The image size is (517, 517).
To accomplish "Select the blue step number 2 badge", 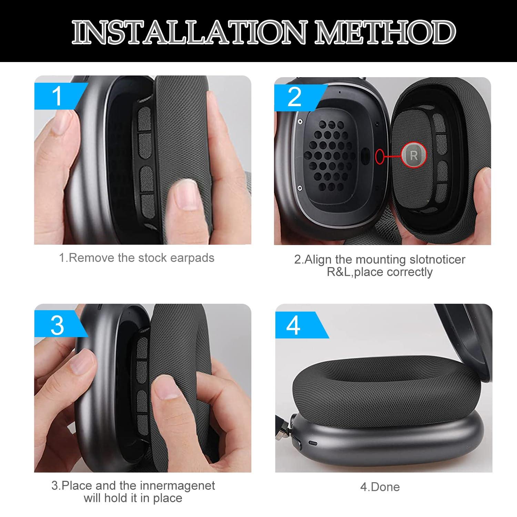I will [295, 97].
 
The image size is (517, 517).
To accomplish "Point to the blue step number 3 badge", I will [57, 325].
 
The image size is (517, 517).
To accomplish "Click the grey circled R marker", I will [414, 156].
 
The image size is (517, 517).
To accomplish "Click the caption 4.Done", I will [380, 487].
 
